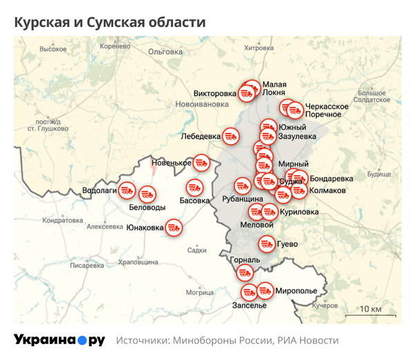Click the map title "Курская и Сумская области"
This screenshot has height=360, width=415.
click(x=110, y=22)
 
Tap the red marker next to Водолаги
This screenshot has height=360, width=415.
click(x=128, y=189)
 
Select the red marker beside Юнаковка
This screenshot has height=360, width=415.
click(x=174, y=227)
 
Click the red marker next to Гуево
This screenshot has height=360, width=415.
click(x=266, y=244)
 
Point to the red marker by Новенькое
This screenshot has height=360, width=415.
click(x=201, y=162)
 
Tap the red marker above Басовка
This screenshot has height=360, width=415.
click(x=194, y=187)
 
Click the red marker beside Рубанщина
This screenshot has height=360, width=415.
click(x=242, y=186)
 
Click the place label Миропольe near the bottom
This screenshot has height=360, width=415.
click(x=296, y=291)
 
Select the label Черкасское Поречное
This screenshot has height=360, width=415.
click(x=326, y=109)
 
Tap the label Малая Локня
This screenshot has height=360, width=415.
click(x=275, y=88)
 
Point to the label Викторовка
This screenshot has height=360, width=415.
click(x=215, y=93)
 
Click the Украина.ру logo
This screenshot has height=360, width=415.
click(x=59, y=340)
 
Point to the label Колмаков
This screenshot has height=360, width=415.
click(x=328, y=190)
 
